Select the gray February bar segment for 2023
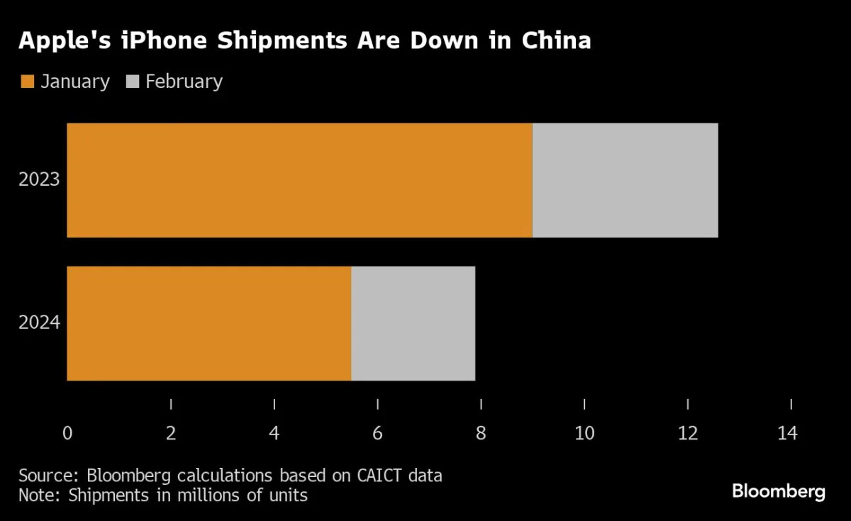tap(625, 180)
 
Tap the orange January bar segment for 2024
tap(209, 323)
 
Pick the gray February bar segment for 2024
tap(413, 323)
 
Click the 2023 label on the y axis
tap(39, 180)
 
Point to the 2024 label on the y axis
tap(39, 323)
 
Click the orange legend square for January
tap(27, 82)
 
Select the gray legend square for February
tap(133, 82)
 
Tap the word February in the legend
tap(184, 82)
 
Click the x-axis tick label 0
tap(67, 433)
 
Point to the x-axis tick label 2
tap(171, 433)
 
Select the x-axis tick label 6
tap(377, 433)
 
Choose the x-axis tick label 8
tap(481, 433)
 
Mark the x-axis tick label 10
tap(584, 433)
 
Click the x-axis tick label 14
tap(787, 433)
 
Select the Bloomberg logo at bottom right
tap(779, 491)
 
